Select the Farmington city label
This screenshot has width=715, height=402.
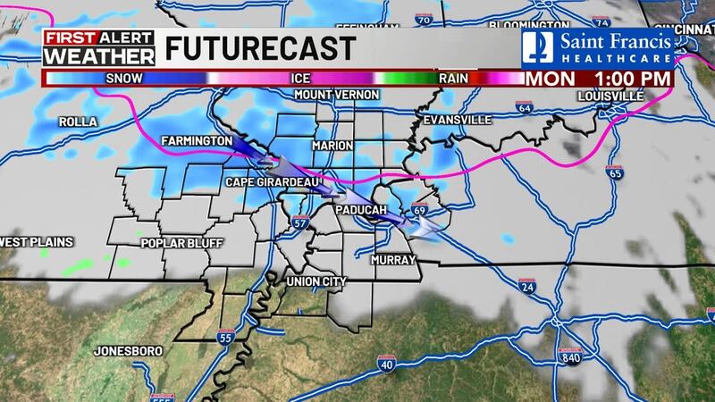(x=197, y=142)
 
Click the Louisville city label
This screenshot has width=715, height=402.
(x=610, y=95)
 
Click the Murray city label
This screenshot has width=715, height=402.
(x=394, y=260)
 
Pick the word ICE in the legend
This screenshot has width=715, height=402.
(x=299, y=78)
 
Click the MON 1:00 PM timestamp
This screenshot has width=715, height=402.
(x=598, y=78)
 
